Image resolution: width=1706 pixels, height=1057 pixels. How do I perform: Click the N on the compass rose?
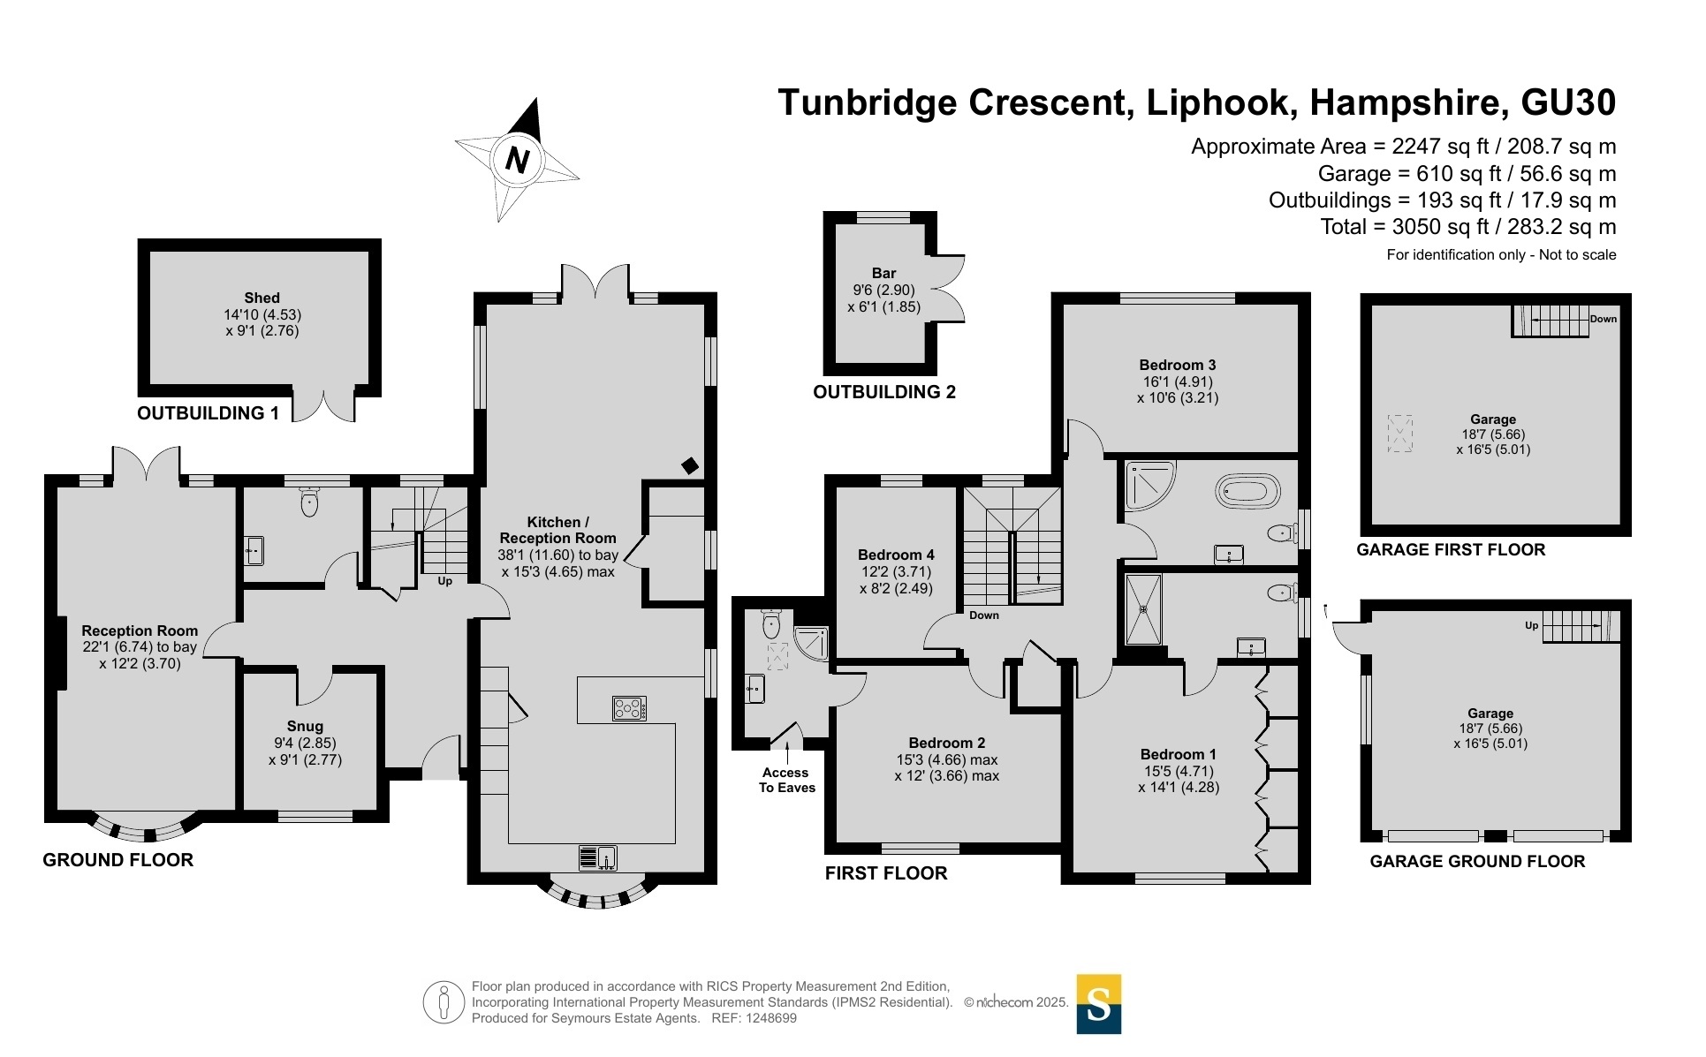click(517, 160)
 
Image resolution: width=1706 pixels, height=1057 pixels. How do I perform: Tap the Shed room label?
click(262, 298)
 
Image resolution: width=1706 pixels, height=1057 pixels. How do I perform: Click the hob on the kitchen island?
click(629, 708)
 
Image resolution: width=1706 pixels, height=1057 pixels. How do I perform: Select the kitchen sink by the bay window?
click(598, 857)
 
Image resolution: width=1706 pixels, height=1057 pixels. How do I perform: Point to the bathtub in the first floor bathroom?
click(1247, 490)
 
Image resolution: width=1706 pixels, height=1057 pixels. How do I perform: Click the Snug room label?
click(305, 727)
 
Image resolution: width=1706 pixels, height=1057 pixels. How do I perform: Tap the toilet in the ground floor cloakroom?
click(309, 503)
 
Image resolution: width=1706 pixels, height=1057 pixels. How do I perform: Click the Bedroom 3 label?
click(1177, 365)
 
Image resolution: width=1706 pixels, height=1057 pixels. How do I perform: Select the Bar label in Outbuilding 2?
click(883, 274)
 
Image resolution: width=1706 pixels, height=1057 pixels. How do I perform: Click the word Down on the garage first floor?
click(1603, 319)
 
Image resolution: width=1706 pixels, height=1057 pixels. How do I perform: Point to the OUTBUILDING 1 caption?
click(209, 413)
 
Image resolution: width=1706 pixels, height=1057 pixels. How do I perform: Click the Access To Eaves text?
click(786, 780)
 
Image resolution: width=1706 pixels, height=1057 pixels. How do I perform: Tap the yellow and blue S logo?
click(1098, 1003)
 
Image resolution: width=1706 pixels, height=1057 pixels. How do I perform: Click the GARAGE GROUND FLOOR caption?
click(1477, 861)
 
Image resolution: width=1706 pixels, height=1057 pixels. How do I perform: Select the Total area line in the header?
click(1467, 227)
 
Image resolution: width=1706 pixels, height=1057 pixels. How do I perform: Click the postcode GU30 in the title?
click(1568, 102)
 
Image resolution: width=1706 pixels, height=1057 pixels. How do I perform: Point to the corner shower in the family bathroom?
click(1149, 486)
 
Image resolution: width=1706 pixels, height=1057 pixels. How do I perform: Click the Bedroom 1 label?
click(1178, 754)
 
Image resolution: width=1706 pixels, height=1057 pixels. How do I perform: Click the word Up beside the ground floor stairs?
click(445, 581)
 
